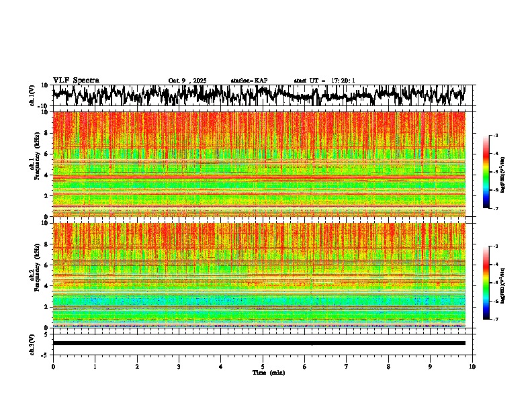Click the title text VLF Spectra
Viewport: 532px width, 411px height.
click(76, 81)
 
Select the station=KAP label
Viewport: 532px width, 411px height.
click(249, 81)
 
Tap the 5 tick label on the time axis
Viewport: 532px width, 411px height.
click(263, 367)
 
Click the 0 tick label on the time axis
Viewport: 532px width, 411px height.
click(53, 367)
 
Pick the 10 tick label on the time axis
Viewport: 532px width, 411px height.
click(472, 367)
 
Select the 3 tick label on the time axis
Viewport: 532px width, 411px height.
click(179, 367)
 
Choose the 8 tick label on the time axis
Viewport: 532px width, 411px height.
click(388, 367)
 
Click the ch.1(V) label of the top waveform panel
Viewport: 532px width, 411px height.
click(32, 96)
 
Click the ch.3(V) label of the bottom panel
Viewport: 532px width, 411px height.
click(32, 344)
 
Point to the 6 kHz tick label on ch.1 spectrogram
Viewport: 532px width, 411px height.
click(46, 154)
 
